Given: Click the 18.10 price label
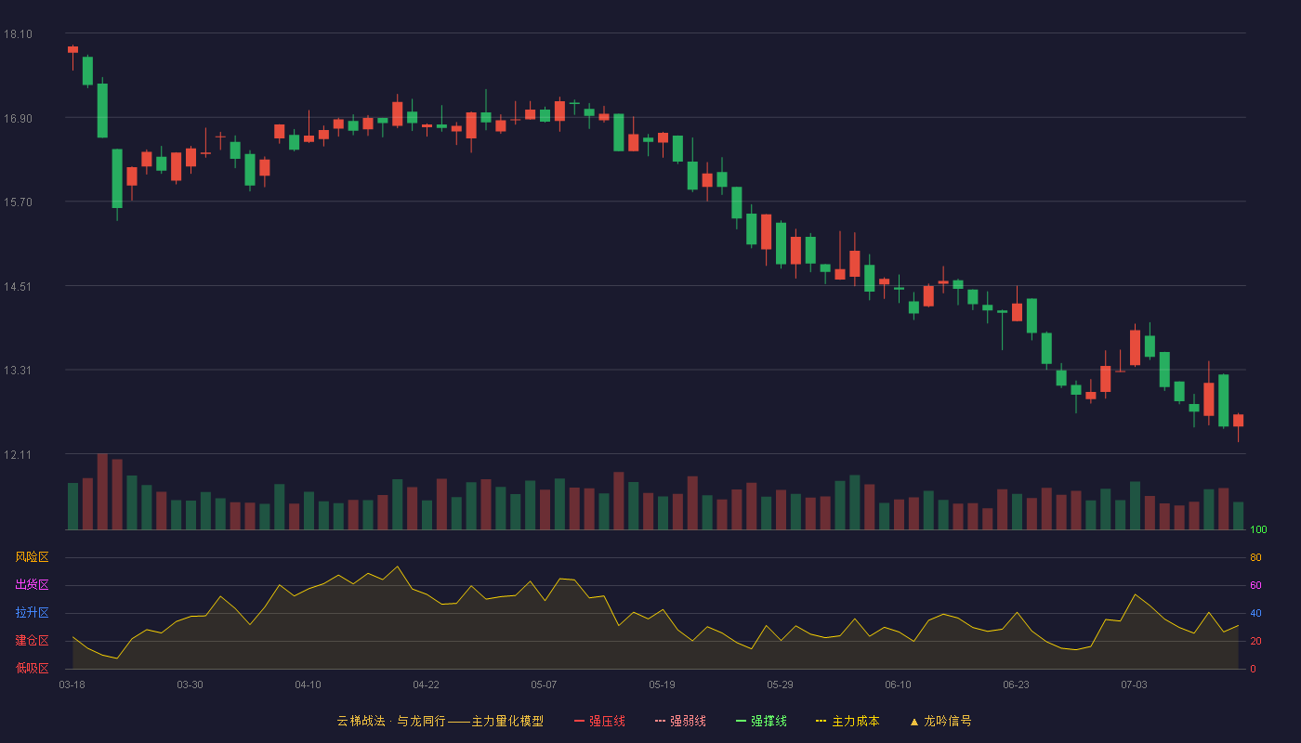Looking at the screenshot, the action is point(18,34).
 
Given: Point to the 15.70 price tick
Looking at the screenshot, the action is point(18,202).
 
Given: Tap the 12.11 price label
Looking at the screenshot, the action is point(18,454).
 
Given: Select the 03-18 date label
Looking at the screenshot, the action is point(72,685).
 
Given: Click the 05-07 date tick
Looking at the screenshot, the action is point(544,685).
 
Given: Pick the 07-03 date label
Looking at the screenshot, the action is point(1134,685).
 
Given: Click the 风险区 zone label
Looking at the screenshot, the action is point(32,557).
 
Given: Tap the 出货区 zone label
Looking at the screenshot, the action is point(32,584).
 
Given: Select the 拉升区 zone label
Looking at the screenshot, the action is point(32,612).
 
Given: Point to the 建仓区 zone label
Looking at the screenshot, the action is point(32,640).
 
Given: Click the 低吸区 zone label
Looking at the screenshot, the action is point(32,668).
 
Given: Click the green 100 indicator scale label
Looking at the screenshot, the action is point(1258,529).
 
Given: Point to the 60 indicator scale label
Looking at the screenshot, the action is point(1255,585).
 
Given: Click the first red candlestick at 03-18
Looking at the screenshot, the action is point(72,50).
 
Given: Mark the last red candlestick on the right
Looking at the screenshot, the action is point(1238,420).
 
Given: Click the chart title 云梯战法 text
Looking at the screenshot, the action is point(361,721).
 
